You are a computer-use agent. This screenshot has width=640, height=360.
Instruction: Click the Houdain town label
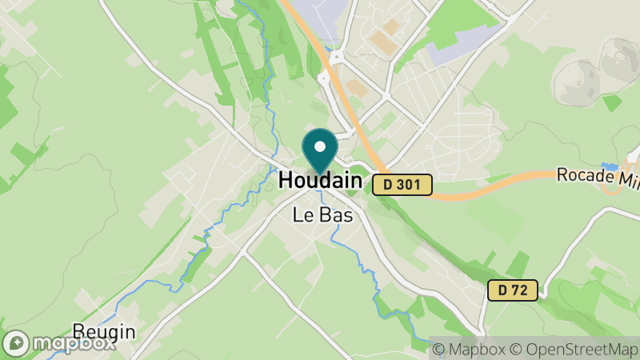click(319, 182)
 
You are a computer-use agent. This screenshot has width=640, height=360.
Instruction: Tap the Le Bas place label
click(323, 214)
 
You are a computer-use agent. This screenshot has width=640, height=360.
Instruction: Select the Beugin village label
click(103, 331)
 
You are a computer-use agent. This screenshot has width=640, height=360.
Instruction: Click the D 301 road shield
click(402, 185)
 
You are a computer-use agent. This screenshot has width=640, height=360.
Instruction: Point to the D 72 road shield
click(512, 290)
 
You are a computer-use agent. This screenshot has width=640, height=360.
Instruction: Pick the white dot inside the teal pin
click(320, 146)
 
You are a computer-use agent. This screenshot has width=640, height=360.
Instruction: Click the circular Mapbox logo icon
click(17, 343)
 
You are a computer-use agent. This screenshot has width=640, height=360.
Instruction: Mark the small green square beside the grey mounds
click(611, 102)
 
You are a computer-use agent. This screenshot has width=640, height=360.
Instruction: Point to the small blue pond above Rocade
click(610, 166)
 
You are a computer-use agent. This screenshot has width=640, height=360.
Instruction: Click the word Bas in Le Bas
click(335, 214)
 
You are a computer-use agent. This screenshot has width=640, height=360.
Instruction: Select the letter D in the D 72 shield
click(502, 290)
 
